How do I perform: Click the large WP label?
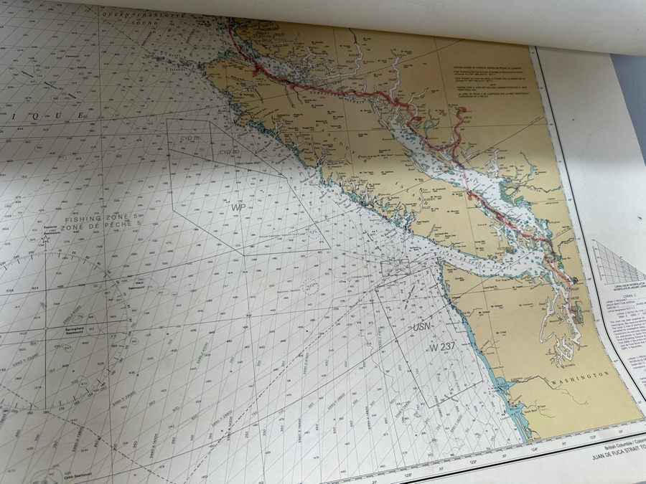238,207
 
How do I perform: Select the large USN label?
423,327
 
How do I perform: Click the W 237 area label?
444,347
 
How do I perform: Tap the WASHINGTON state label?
581,377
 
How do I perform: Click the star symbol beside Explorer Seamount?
45,239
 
